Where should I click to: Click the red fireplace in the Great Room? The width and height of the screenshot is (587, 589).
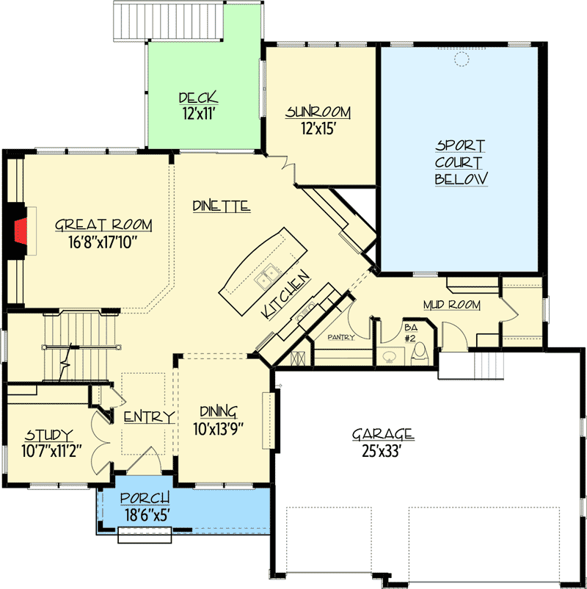tap(21, 231)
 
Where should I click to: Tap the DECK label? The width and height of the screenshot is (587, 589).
tap(199, 98)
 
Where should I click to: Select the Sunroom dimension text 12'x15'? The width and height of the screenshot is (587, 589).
tap(318, 129)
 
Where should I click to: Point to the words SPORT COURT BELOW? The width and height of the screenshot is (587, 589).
tap(461, 162)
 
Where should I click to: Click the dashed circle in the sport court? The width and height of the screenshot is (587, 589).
tap(462, 59)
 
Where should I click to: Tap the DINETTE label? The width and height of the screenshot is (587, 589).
tap(222, 206)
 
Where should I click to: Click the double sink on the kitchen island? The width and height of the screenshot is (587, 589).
tap(267, 276)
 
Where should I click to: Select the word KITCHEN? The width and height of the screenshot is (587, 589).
tap(286, 295)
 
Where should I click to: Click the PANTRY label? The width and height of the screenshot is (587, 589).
tap(340, 337)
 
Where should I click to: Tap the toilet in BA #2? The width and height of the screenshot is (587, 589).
tap(419, 353)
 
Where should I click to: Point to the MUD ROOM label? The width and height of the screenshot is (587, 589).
tap(451, 305)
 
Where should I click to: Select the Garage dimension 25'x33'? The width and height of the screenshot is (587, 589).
tap(382, 451)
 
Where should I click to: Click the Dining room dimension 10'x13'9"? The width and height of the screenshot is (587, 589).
tap(219, 429)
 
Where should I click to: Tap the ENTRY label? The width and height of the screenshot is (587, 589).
tap(150, 417)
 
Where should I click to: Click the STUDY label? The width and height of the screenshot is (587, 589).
tap(48, 435)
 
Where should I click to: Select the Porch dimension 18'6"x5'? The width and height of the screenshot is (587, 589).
tap(145, 515)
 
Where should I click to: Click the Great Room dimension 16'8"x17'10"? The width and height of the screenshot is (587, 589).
tap(101, 242)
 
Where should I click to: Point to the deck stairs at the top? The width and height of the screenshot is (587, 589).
tap(169, 21)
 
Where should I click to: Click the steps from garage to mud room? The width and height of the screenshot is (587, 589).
tap(489, 366)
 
